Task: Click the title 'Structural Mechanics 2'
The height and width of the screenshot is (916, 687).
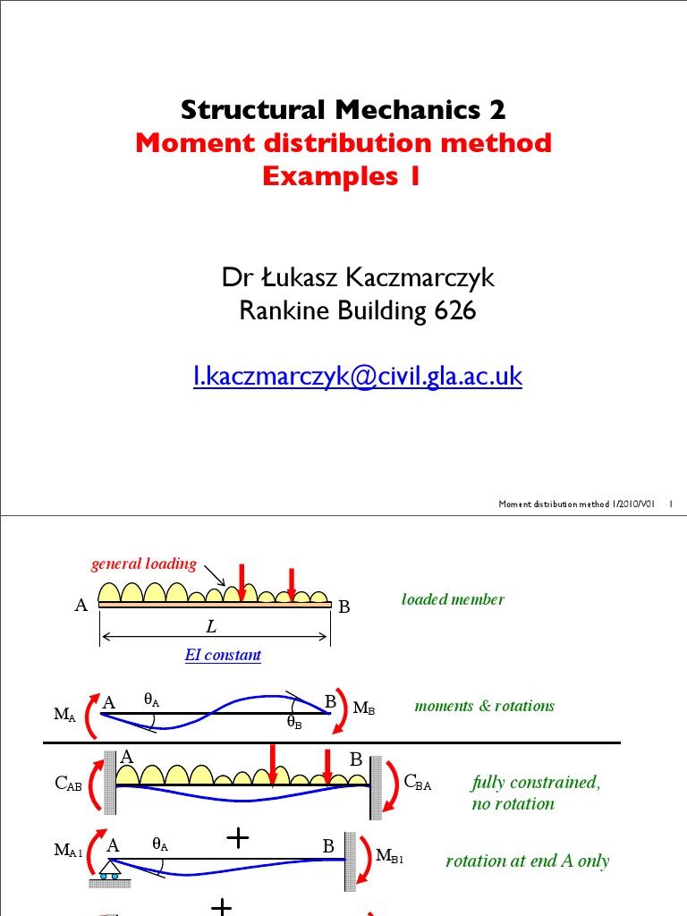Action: (x=343, y=110)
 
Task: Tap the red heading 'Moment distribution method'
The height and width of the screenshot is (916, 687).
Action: (x=343, y=143)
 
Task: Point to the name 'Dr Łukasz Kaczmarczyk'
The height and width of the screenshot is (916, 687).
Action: (x=358, y=279)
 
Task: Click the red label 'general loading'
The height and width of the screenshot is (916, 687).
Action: (x=144, y=564)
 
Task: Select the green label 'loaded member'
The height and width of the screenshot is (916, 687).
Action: (x=453, y=599)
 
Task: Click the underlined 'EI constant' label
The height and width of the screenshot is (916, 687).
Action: (x=223, y=655)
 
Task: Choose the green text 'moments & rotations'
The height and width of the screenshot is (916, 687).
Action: (x=484, y=706)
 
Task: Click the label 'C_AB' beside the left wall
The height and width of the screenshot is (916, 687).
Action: (x=69, y=785)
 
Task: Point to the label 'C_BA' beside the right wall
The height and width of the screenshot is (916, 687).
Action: (x=418, y=784)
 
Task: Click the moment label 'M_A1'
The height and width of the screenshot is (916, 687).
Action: (x=68, y=851)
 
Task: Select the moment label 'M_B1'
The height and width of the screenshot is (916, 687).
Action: (x=390, y=857)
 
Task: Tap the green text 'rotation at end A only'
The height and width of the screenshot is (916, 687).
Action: (x=527, y=861)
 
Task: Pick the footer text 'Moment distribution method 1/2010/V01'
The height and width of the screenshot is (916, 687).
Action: (x=577, y=505)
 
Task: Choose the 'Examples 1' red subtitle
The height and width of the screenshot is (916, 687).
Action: (x=341, y=176)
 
